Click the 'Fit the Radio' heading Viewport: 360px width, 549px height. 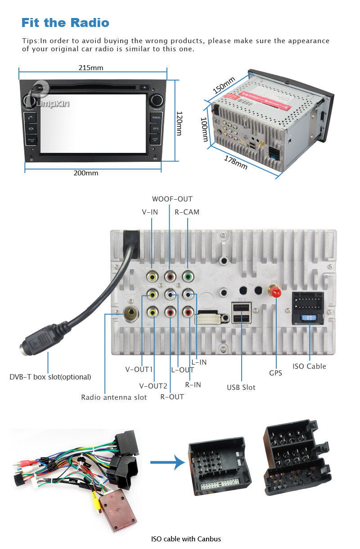coord(65,22)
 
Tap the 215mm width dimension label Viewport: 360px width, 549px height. coord(91,68)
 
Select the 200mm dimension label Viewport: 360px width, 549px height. coord(86,173)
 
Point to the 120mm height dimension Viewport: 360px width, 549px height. coord(179,123)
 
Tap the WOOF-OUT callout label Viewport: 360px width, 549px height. coord(172,199)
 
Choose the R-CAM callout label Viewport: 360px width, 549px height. coord(187,212)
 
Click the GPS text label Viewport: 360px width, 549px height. coord(275,373)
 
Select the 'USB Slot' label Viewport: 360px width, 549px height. coord(241,387)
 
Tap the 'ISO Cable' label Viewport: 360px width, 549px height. coord(309,366)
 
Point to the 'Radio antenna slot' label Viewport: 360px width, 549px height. coord(114,397)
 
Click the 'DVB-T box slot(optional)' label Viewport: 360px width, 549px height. coord(50,377)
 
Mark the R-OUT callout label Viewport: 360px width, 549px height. coord(172,397)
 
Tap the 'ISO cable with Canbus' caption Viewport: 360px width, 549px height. coord(186,539)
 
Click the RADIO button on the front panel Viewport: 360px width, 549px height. coord(156,117)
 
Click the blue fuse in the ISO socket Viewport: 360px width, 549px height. coord(309,317)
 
